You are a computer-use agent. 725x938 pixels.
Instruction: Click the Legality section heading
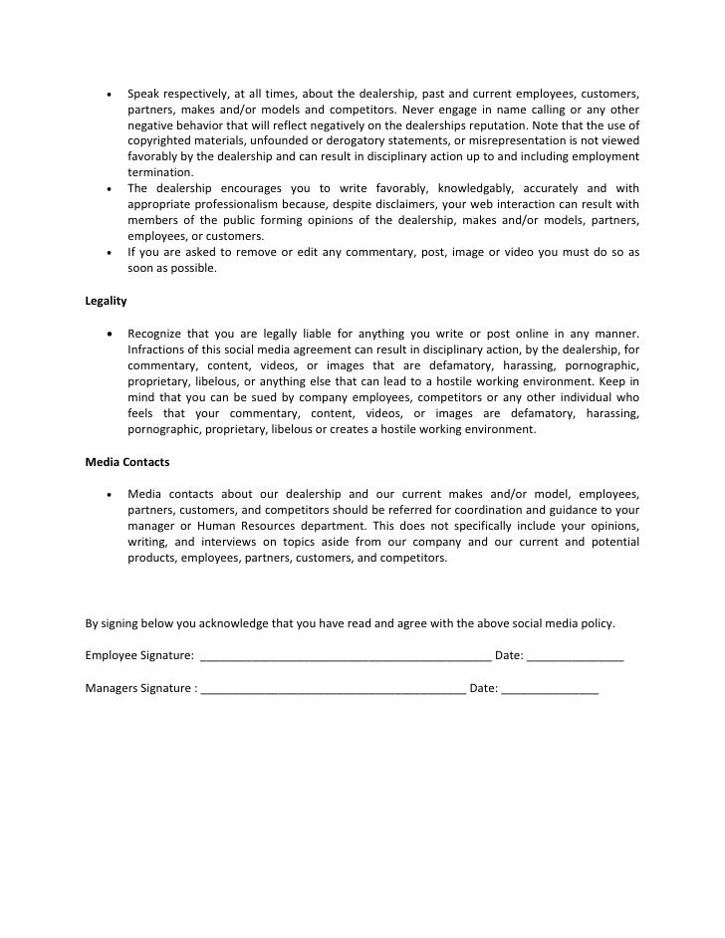[x=106, y=299]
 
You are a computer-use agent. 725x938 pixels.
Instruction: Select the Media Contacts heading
[x=127, y=462]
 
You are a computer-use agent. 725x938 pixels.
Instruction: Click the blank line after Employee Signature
[x=346, y=657]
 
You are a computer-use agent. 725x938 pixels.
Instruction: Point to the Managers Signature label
[x=139, y=687]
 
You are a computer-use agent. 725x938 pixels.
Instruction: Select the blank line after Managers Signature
[x=333, y=689]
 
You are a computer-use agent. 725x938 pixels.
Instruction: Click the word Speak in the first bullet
[x=144, y=93]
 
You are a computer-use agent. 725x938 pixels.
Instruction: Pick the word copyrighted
[x=162, y=140]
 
